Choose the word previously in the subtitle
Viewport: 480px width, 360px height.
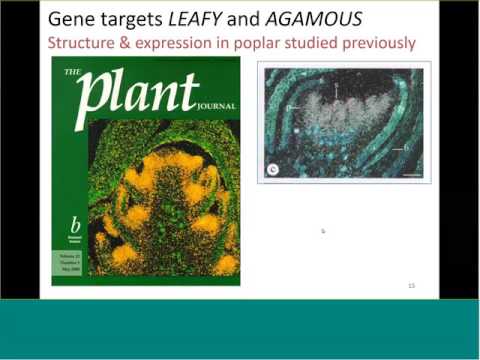[x=376, y=43]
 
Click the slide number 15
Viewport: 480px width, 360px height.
[x=410, y=286]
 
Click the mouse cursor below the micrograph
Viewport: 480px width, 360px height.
[x=323, y=231]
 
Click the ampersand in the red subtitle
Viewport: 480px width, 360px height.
[x=132, y=43]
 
